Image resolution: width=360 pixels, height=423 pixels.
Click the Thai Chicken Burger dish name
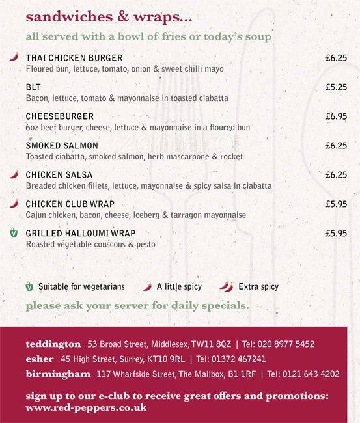pos(74,58)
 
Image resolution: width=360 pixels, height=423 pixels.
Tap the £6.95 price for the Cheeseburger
pos(336,116)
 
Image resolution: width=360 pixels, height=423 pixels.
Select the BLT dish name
pos(33,87)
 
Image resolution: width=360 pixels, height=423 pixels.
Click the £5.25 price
pos(336,87)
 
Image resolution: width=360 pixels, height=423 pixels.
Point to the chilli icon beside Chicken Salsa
pos(14,174)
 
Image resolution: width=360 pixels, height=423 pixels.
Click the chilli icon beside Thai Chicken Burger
pos(14,57)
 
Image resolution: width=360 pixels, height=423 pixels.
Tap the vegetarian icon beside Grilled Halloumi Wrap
pos(14,233)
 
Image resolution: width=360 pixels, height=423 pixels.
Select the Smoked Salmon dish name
pos(62,146)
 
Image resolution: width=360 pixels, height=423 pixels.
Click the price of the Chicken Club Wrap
pos(336,204)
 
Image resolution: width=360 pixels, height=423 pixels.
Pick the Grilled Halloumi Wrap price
pos(336,233)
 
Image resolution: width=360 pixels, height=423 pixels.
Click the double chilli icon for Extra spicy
pos(226,286)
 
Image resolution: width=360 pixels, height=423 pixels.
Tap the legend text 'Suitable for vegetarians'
pos(81,286)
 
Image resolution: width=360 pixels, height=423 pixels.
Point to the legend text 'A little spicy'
pos(179,286)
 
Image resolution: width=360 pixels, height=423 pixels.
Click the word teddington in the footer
pos(53,343)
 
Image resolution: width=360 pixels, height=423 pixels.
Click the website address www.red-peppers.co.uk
pos(86,407)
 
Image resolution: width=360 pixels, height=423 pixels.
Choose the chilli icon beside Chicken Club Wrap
pos(14,204)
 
